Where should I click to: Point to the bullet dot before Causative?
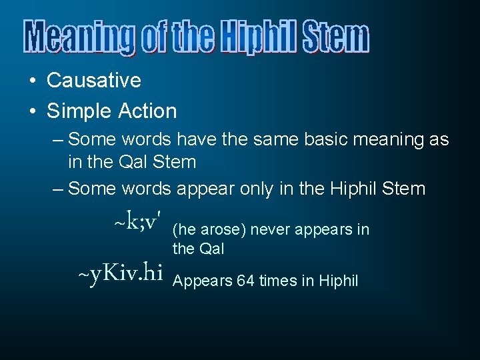(32, 81)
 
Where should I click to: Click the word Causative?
(94, 81)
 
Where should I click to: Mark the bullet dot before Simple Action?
(32, 111)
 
